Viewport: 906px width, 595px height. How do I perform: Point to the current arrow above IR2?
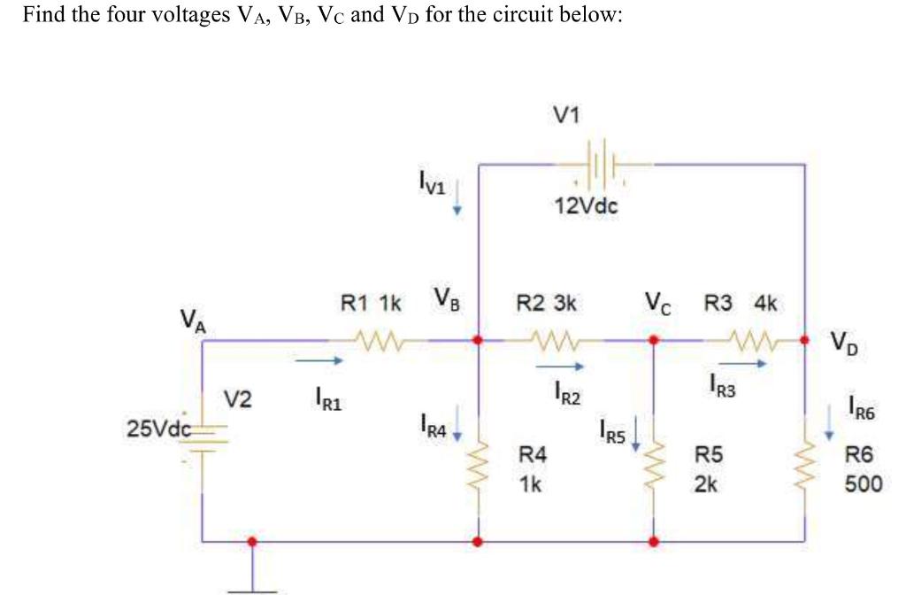559,365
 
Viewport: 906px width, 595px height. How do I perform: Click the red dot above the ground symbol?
252,541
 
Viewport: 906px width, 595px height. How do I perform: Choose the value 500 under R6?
863,484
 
